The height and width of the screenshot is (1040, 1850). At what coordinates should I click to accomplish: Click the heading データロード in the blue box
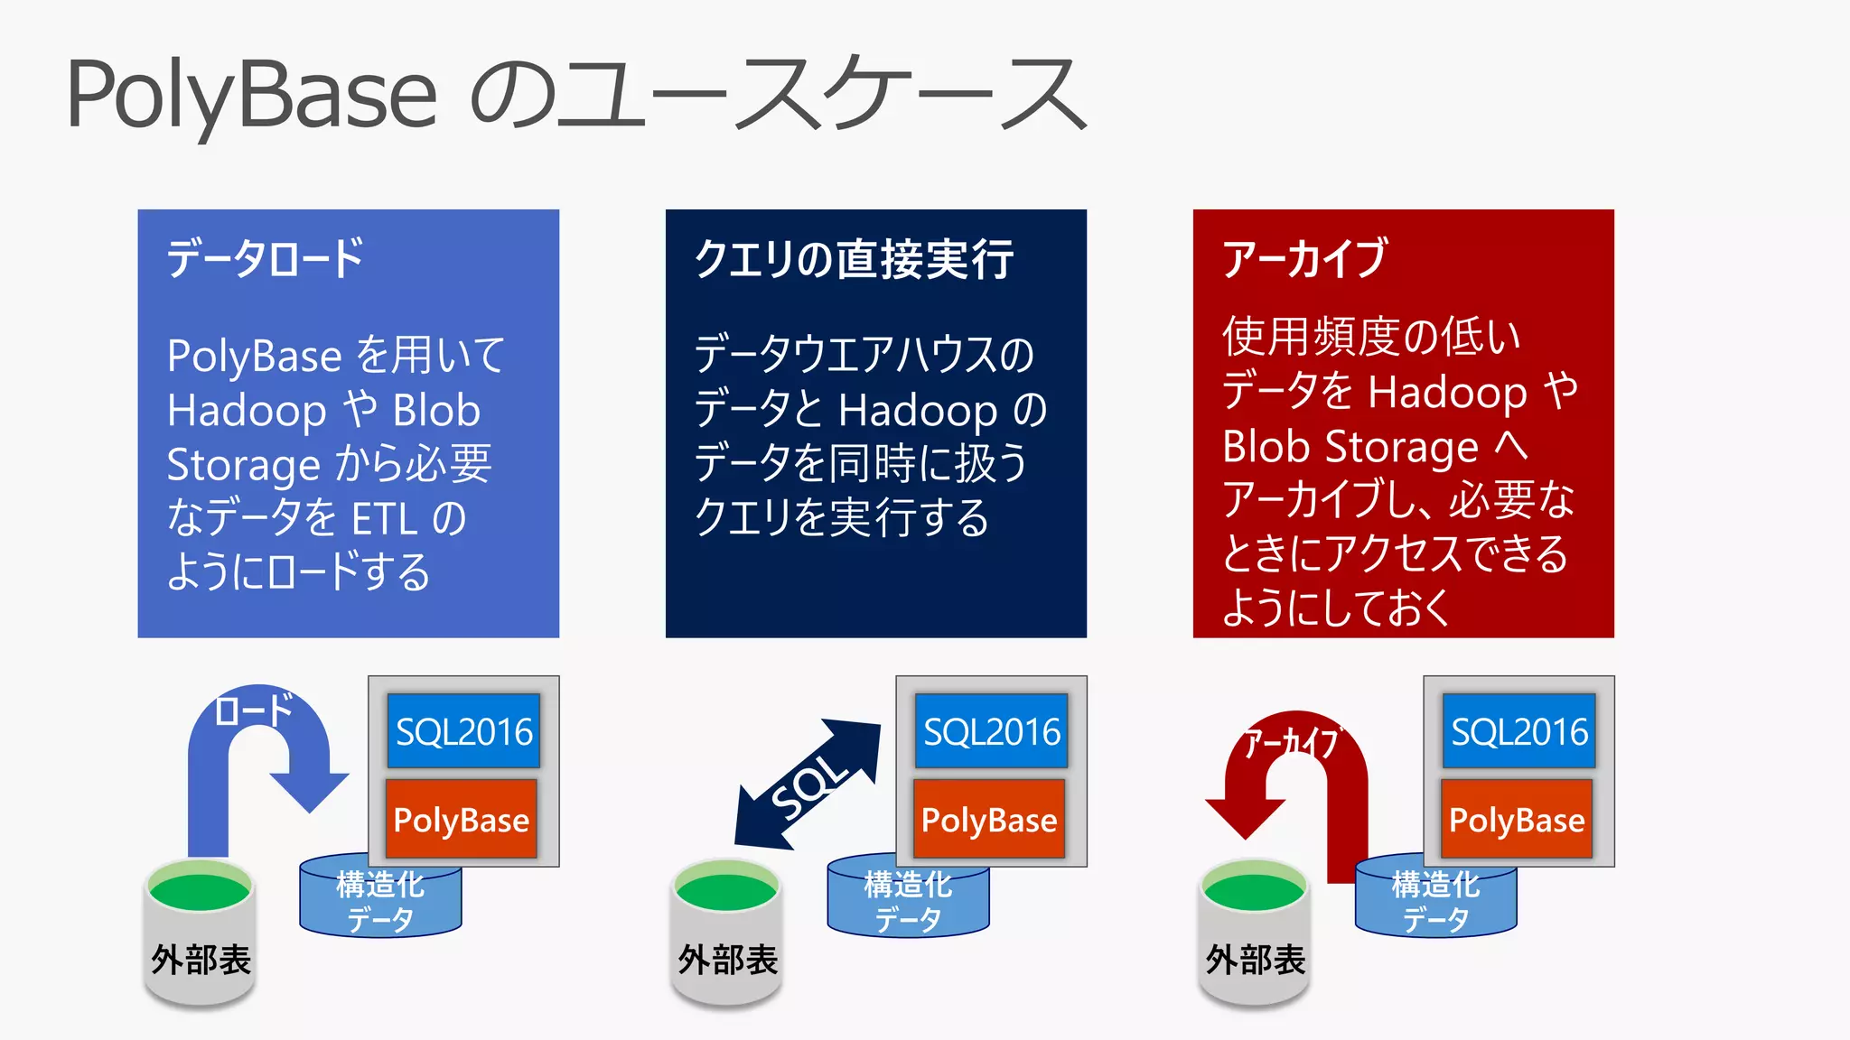(265, 259)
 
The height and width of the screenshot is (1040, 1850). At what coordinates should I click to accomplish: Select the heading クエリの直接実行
(854, 260)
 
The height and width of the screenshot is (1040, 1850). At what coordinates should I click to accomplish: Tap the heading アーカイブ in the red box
(1303, 259)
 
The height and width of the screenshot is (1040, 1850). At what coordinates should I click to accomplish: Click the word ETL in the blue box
(384, 520)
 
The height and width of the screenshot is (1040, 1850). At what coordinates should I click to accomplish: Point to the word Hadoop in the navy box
(918, 410)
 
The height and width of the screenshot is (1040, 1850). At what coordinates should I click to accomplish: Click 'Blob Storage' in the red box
(1350, 447)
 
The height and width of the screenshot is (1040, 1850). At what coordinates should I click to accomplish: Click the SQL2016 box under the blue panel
(463, 731)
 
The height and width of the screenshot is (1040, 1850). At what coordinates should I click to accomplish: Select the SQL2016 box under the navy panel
(991, 731)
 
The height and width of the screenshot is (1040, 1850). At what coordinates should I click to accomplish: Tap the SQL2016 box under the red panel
(1518, 731)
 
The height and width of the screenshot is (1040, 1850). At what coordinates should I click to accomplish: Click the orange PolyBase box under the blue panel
(462, 820)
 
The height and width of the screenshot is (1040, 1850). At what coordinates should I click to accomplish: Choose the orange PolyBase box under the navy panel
(989, 820)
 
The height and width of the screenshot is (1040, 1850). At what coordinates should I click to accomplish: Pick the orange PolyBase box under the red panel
(1517, 820)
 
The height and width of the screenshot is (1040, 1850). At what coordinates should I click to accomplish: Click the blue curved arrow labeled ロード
(208, 776)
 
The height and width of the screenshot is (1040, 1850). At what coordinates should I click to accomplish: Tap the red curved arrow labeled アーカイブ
(1346, 794)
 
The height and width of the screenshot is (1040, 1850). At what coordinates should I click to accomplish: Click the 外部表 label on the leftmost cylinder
(201, 960)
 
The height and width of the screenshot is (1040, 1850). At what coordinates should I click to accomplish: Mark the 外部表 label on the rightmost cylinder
(1256, 960)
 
